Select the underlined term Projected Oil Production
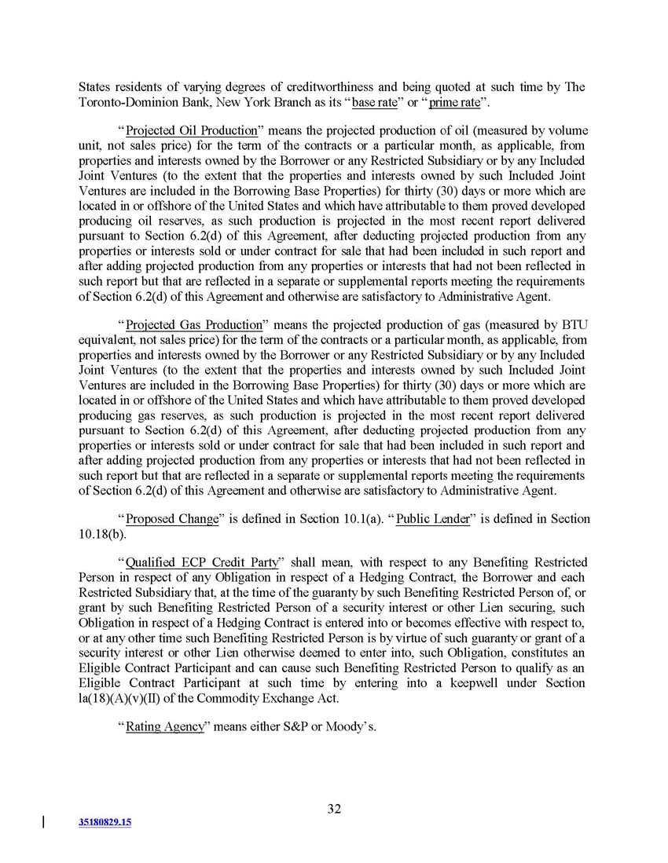(x=192, y=130)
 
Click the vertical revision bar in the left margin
(x=42, y=821)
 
